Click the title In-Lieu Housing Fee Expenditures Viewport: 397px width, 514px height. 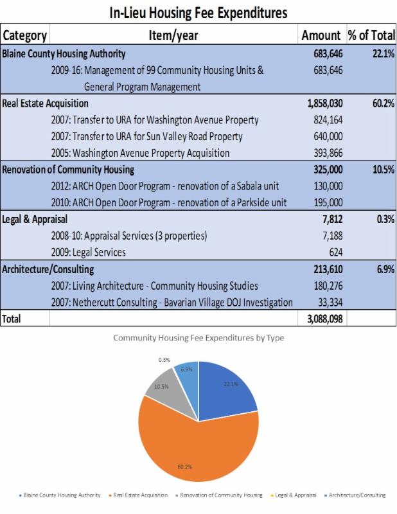[198, 12]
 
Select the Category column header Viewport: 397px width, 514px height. [24, 35]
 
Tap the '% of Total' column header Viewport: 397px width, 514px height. [371, 35]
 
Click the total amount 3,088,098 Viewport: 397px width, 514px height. [322, 319]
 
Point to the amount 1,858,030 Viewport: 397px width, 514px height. [322, 103]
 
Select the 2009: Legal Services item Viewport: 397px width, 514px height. [88, 253]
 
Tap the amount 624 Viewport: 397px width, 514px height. [333, 253]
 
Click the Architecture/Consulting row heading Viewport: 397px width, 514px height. [48, 269]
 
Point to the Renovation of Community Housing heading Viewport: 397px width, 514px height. [68, 170]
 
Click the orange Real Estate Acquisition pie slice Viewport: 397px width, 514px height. [199, 443]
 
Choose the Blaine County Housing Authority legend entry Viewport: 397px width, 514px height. [62, 495]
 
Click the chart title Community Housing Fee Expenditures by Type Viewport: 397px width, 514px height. [198, 337]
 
